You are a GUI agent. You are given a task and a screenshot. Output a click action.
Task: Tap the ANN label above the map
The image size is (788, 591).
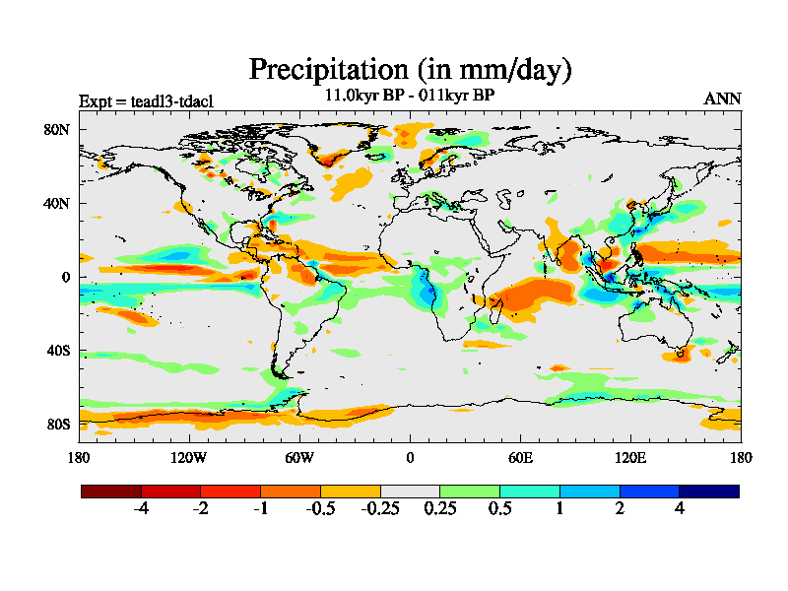pyautogui.click(x=722, y=98)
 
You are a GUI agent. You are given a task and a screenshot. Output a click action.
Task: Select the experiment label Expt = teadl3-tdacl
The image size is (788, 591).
pyautogui.click(x=146, y=100)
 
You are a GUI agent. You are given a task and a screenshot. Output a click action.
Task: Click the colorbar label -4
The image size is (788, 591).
pyautogui.click(x=141, y=509)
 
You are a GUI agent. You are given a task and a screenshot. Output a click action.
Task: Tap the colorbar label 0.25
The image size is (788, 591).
pyautogui.click(x=440, y=509)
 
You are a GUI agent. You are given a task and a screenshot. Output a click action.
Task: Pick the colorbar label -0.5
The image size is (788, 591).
pyautogui.click(x=320, y=509)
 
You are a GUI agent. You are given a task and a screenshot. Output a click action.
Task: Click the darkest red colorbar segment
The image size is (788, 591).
pyautogui.click(x=111, y=491)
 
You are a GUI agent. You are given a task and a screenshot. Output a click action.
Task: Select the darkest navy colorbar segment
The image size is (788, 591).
pyautogui.click(x=709, y=491)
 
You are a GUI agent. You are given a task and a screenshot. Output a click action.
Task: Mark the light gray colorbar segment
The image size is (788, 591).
pyautogui.click(x=410, y=491)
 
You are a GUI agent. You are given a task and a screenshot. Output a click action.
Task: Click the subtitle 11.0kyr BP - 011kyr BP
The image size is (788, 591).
pyautogui.click(x=410, y=97)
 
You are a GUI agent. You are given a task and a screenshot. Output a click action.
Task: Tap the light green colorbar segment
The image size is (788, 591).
pyautogui.click(x=470, y=491)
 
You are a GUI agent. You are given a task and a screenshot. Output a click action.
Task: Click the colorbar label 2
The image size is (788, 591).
pyautogui.click(x=620, y=509)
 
